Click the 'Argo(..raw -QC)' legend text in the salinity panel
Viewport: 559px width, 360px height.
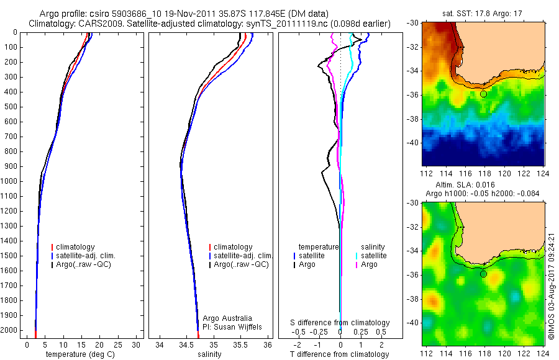pos(240,264)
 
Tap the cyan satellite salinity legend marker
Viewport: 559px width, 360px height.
pos(357,256)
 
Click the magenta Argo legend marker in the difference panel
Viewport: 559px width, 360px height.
pos(357,264)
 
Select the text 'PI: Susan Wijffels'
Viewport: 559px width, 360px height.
pos(232,326)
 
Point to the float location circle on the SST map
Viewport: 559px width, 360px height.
pos(483,94)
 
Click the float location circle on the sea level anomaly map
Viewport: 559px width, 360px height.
pos(483,274)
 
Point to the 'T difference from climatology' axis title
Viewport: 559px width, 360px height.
pos(339,354)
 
